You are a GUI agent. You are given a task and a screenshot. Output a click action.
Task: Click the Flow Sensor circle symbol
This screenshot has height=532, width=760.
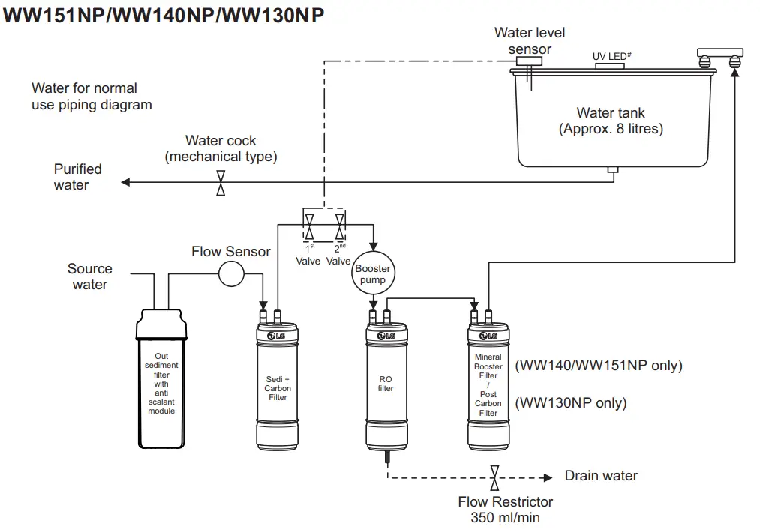pyautogui.click(x=232, y=274)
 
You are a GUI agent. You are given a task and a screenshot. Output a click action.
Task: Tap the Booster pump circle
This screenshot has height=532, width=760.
pyautogui.click(x=373, y=274)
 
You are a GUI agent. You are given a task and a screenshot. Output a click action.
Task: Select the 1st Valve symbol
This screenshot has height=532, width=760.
pyautogui.click(x=308, y=226)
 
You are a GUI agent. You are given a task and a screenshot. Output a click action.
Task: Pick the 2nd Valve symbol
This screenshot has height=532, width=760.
pyautogui.click(x=341, y=226)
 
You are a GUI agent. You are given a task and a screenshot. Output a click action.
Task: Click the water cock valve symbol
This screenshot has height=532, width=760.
pyautogui.click(x=221, y=182)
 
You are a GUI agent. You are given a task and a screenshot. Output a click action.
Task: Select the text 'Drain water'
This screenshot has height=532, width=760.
pyautogui.click(x=601, y=476)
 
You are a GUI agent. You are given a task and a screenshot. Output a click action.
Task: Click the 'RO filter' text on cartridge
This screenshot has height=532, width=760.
pyautogui.click(x=386, y=384)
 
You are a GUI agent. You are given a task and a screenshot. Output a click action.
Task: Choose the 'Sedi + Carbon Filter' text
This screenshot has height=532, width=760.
pyautogui.click(x=278, y=388)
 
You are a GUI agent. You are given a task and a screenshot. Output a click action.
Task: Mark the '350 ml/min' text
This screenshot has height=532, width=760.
pyautogui.click(x=505, y=517)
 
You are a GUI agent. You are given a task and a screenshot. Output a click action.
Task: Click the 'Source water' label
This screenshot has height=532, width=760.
pyautogui.click(x=89, y=276)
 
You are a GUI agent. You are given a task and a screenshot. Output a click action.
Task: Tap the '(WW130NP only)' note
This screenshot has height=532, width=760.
pyautogui.click(x=570, y=403)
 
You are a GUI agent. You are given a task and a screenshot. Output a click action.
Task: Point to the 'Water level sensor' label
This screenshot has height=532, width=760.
pyautogui.click(x=530, y=41)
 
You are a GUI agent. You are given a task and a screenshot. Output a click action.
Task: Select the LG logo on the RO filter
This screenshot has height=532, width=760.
pyautogui.click(x=386, y=336)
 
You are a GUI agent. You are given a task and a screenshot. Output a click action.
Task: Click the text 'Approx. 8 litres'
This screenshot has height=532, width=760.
pyautogui.click(x=611, y=129)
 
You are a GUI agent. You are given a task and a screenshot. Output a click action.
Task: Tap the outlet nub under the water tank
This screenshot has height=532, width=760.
pyautogui.click(x=613, y=172)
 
